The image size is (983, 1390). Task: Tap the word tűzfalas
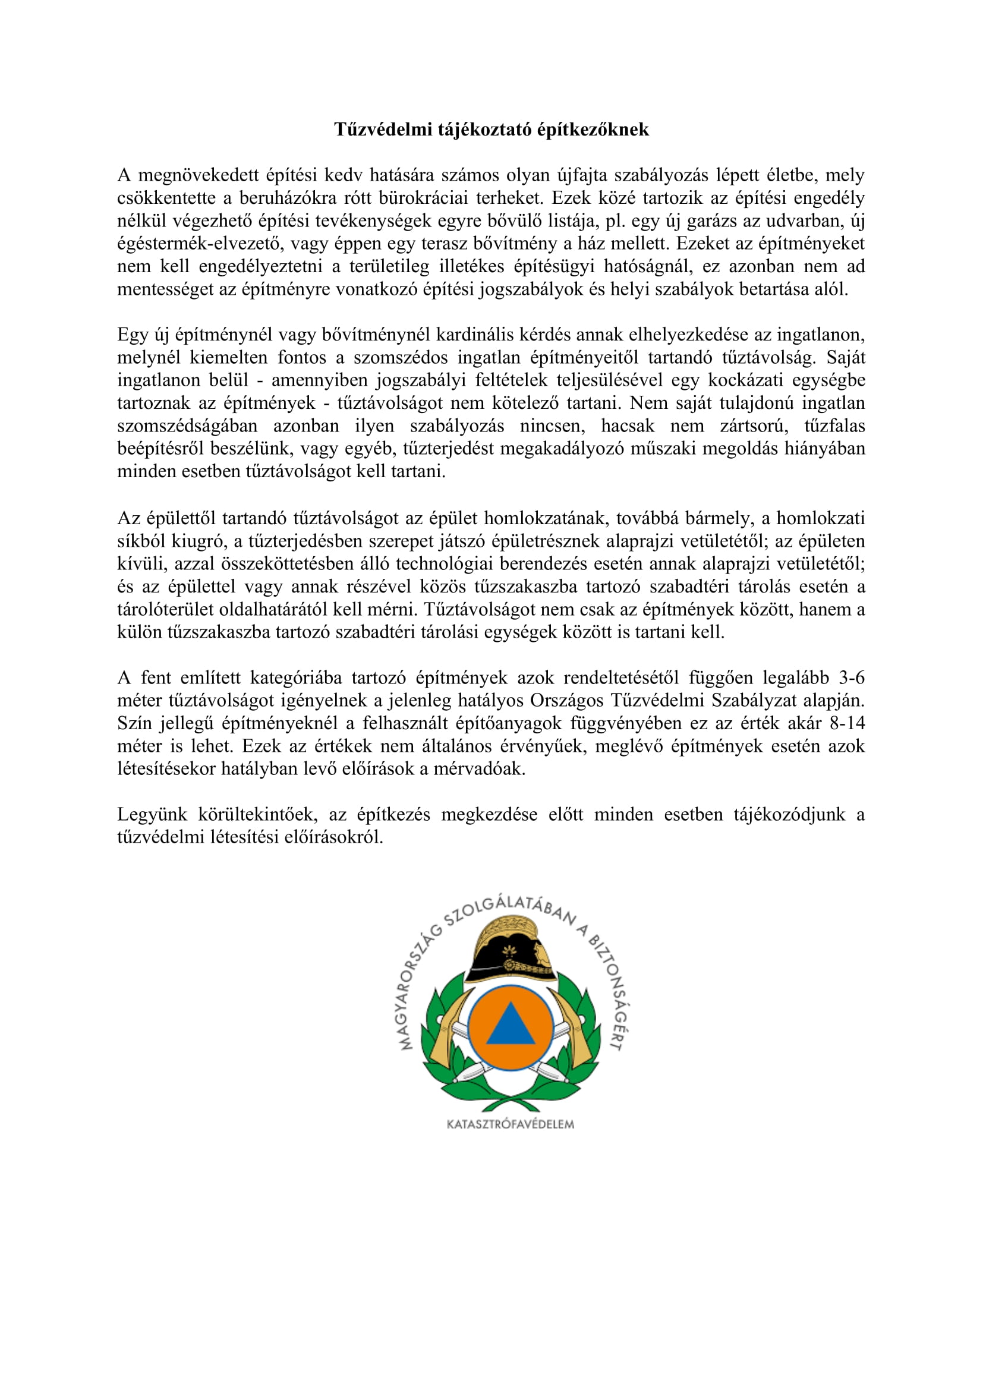[834, 425]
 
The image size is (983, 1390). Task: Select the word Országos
[567, 701]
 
